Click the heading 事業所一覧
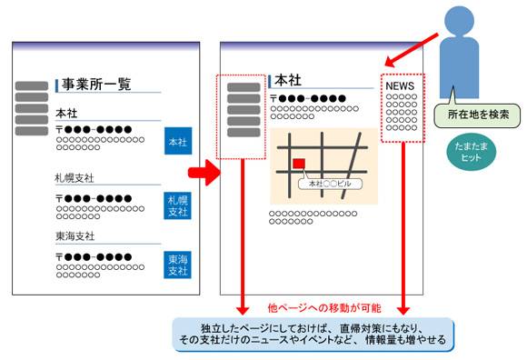[x=95, y=85]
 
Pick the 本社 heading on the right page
[x=288, y=81]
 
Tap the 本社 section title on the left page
[x=66, y=114]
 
